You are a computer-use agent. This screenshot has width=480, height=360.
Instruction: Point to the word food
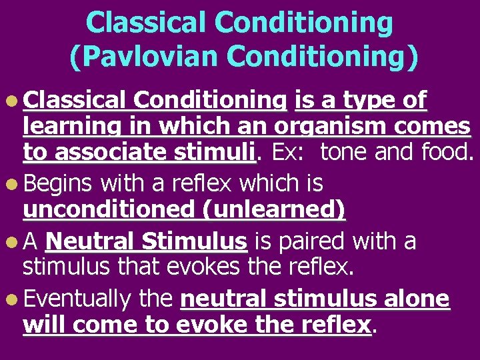[x=446, y=153]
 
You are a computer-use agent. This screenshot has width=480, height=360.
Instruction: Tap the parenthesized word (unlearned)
[x=275, y=209]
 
